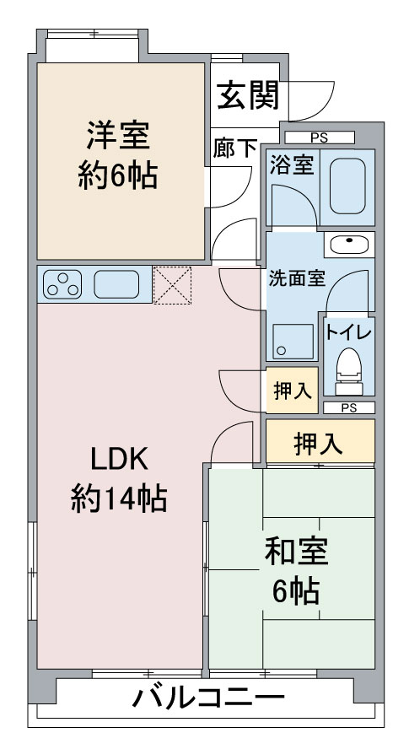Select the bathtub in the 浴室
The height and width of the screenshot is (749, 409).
(x=347, y=186)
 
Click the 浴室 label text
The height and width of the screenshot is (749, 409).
(x=292, y=165)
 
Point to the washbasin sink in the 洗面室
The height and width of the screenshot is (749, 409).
(x=349, y=245)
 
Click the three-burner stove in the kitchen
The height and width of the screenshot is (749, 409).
(x=62, y=284)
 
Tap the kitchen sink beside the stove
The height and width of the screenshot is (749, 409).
(x=116, y=284)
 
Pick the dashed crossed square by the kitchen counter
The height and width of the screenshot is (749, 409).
(x=172, y=285)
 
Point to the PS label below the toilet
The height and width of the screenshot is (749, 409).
(x=349, y=408)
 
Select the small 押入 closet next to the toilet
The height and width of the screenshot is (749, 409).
(x=292, y=391)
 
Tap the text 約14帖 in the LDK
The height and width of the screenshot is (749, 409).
(x=119, y=498)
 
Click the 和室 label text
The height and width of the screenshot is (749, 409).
(x=296, y=553)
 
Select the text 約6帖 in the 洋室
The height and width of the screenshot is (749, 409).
(x=118, y=175)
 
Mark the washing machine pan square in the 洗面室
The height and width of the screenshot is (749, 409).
(x=293, y=342)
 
